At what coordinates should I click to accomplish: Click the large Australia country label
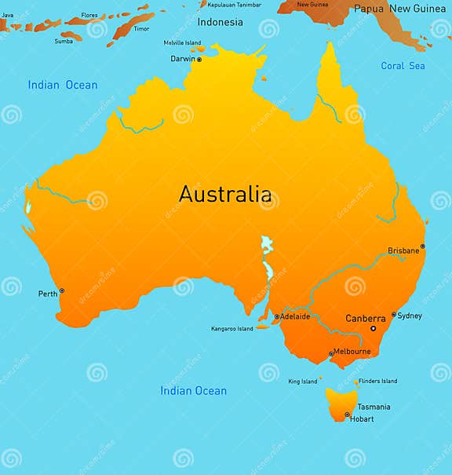225,193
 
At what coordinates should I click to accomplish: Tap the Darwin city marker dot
199,59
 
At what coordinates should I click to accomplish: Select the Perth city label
48,294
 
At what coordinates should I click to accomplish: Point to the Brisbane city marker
422,247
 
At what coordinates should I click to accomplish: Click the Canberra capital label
366,319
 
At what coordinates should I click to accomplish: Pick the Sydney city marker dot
394,315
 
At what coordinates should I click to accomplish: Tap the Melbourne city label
352,352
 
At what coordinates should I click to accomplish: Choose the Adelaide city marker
276,317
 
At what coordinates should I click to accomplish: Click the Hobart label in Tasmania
362,419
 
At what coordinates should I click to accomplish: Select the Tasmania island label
374,407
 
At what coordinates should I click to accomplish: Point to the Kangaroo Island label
232,329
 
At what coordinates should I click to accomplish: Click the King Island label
303,382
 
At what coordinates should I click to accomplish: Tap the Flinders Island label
378,381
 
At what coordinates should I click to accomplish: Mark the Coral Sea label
403,66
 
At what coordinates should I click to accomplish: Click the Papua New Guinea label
399,9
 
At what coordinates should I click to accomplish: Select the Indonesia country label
221,22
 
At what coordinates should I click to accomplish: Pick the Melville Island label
182,42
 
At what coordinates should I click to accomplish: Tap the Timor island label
141,29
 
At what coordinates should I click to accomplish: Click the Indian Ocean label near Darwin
63,85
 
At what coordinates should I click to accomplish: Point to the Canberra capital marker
373,328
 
